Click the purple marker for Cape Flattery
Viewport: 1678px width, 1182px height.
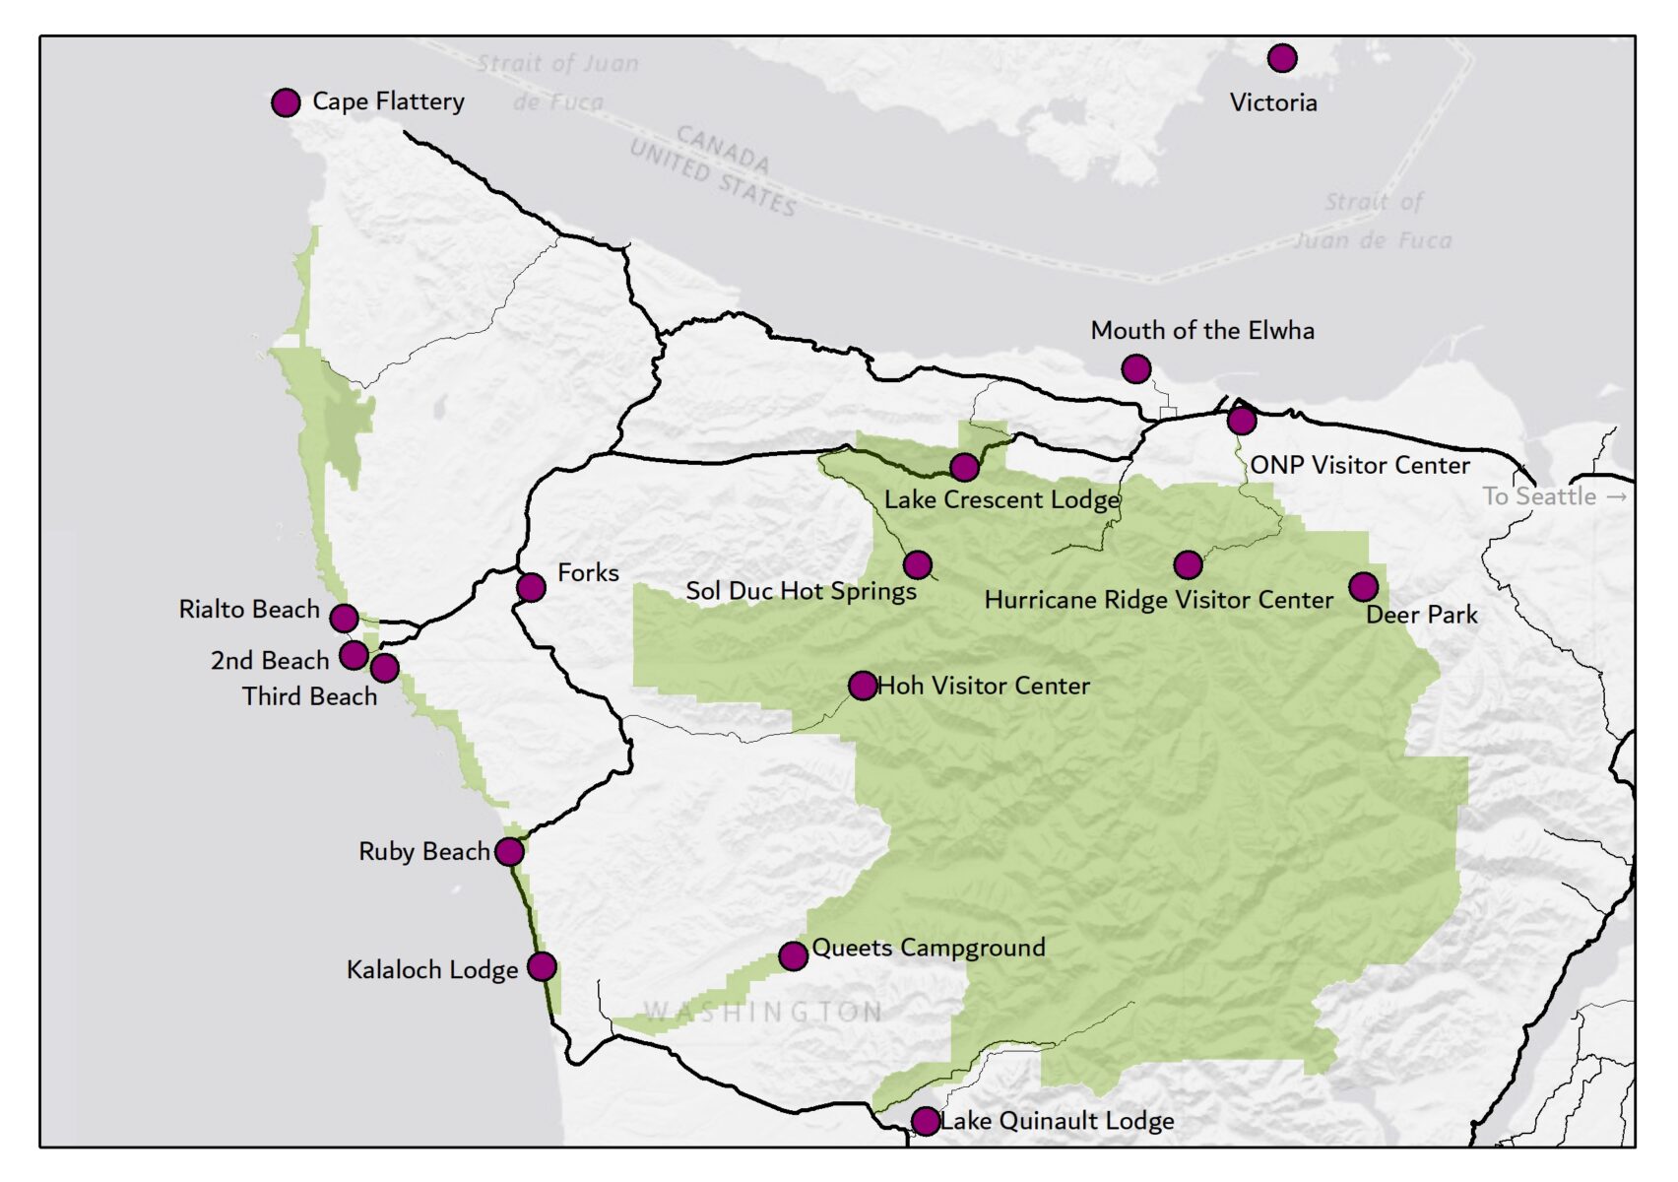tap(286, 102)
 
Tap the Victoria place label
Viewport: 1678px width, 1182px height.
tap(1272, 102)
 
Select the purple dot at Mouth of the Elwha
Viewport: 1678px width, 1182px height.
tap(1135, 369)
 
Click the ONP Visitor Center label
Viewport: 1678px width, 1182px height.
tap(1359, 465)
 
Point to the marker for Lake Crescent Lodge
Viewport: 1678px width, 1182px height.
tap(964, 467)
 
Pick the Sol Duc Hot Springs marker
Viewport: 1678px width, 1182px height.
tap(917, 565)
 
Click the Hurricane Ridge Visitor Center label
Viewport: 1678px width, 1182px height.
tap(1158, 600)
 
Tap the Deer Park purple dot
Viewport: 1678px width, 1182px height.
tap(1363, 588)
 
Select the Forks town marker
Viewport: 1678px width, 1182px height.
tap(531, 588)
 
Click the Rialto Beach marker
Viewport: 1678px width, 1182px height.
tap(344, 619)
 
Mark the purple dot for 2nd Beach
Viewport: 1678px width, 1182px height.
tap(354, 655)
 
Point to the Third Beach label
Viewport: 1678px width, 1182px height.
tap(309, 696)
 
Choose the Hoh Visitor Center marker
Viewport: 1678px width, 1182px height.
tap(862, 686)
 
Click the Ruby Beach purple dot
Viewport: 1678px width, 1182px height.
tap(509, 852)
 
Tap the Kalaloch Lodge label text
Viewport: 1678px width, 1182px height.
tap(431, 970)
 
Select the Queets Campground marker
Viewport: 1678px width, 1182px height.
tap(793, 955)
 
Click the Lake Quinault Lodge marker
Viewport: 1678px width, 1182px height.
tap(925, 1121)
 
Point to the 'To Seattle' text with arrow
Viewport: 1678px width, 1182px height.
tap(1554, 496)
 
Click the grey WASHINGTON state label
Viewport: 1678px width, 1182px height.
tap(763, 1012)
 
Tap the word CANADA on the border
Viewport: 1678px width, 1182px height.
tap(723, 149)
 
